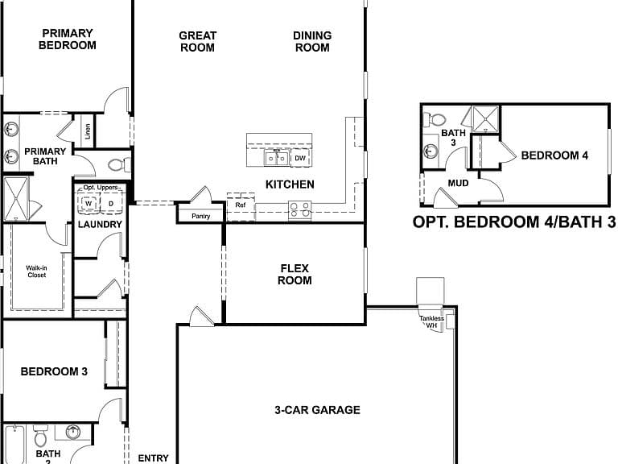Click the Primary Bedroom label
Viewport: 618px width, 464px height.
(68, 39)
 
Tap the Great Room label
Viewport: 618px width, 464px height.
(197, 41)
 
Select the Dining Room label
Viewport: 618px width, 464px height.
(312, 41)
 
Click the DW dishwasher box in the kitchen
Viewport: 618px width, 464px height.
(300, 158)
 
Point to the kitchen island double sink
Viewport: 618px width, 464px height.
(277, 158)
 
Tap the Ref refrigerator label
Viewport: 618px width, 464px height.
(241, 205)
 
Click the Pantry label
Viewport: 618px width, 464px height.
(201, 216)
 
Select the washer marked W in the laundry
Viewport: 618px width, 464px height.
(89, 204)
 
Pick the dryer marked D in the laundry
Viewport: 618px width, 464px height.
(111, 204)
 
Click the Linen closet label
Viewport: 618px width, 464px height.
(88, 131)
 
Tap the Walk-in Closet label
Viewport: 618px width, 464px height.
(37, 271)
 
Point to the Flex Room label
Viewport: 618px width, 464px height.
(295, 274)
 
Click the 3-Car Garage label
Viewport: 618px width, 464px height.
(317, 410)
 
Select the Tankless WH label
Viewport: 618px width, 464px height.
(431, 321)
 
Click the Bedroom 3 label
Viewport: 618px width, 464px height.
(54, 371)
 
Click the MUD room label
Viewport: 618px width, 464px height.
(459, 183)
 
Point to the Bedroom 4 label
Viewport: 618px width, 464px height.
(554, 155)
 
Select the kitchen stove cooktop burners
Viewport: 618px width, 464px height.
(300, 210)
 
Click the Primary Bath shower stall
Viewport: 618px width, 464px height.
(16, 199)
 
